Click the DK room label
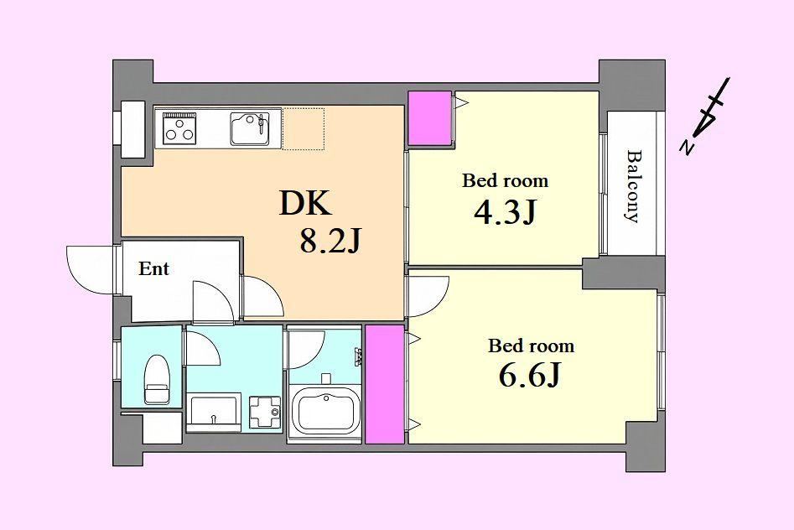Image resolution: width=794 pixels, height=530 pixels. coord(305,204)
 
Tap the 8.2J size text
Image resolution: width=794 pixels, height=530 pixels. coord(330,241)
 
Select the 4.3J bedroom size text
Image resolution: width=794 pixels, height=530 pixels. coord(505,213)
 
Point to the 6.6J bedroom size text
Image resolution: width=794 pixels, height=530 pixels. coord(530,376)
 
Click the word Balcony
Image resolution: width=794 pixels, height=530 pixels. coord(632,186)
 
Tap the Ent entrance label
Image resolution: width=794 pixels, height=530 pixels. coord(154,268)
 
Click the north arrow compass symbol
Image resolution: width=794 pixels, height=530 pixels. coord(708,116)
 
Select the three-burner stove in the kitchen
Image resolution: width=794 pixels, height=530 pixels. coord(179,127)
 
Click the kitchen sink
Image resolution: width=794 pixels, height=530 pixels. coord(249,128)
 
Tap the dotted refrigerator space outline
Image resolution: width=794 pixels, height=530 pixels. coord(303,128)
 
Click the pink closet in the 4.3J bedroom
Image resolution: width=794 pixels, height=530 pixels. coord(429,118)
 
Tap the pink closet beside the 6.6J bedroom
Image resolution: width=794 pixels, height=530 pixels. coord(384,384)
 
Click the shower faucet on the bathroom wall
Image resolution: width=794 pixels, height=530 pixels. coord(359,356)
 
